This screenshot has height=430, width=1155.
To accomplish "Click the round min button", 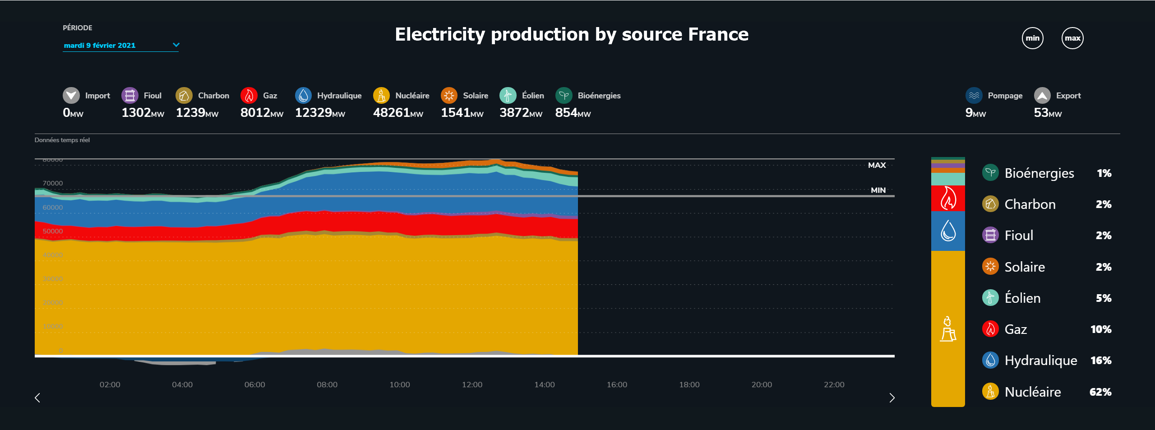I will (1032, 38).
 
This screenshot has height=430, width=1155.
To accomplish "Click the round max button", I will (1072, 38).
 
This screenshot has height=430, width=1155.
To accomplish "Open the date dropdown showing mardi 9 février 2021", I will (121, 45).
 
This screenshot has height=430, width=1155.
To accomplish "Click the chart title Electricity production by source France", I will (572, 35).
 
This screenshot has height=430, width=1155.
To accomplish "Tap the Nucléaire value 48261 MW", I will (398, 113).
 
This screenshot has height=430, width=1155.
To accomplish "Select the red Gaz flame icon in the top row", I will (249, 96).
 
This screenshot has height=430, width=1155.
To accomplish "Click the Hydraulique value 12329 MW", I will (320, 113).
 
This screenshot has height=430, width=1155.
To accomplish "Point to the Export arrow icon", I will (1042, 96).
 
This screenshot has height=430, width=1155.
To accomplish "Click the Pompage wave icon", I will (974, 96).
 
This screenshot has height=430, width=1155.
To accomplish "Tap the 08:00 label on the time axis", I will (327, 385).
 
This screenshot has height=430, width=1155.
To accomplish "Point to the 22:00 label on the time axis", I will (834, 385).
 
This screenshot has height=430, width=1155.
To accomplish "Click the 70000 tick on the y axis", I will (53, 183).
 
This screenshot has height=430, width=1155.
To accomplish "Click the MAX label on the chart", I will (877, 166).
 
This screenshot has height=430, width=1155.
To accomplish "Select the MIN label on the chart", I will (878, 190).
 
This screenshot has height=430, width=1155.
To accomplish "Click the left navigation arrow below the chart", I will (37, 398).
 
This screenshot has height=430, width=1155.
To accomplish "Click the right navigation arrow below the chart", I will (892, 398).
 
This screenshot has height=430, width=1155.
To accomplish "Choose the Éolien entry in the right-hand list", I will (1022, 298).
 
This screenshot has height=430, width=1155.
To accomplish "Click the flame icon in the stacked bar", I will (948, 199).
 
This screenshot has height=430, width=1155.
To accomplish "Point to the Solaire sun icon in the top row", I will (449, 96).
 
